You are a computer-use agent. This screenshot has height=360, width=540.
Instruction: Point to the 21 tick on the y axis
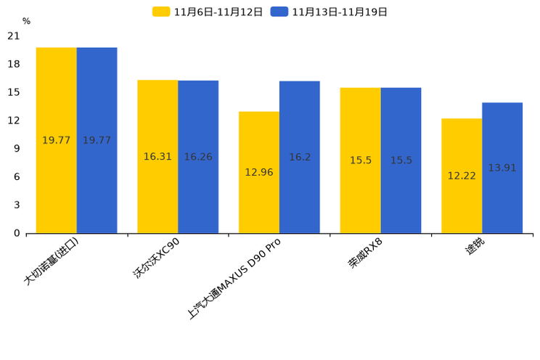click(14, 36)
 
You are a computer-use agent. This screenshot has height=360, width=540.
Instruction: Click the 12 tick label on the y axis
click(14, 120)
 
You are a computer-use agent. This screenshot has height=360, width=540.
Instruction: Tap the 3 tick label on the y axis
click(17, 205)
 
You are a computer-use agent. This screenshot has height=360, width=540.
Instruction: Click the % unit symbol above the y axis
click(26, 22)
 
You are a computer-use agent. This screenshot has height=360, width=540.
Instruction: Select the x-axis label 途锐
click(475, 248)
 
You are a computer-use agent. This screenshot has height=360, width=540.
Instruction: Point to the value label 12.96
click(259, 172)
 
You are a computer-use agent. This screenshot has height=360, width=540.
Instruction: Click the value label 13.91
click(502, 168)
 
